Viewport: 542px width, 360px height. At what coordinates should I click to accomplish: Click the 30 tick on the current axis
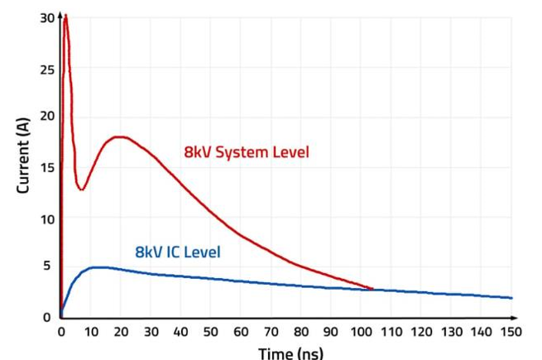click(x=46, y=17)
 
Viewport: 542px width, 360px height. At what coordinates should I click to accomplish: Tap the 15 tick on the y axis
click(x=46, y=167)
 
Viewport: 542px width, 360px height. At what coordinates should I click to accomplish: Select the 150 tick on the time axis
click(x=511, y=332)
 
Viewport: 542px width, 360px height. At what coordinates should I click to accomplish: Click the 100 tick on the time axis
click(x=361, y=332)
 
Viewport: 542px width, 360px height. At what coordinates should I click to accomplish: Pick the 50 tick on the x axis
click(x=211, y=332)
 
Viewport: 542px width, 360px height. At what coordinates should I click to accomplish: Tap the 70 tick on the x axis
click(x=271, y=332)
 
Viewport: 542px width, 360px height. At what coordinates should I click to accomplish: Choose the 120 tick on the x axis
click(x=421, y=332)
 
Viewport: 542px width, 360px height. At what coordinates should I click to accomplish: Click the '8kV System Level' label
click(x=246, y=152)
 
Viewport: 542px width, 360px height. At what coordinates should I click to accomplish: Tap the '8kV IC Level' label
click(x=178, y=251)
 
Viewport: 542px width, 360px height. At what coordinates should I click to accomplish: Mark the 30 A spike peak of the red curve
click(x=65, y=16)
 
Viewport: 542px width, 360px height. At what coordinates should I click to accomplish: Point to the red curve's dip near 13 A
click(x=80, y=190)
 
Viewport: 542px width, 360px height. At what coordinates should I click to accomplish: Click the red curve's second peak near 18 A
click(x=121, y=137)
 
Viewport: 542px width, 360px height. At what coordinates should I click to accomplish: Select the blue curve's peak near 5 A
click(x=98, y=267)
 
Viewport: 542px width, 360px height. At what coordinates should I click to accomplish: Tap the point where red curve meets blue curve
click(x=372, y=290)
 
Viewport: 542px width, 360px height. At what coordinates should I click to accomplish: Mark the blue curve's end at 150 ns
click(x=511, y=298)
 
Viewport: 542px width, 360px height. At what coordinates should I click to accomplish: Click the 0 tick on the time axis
click(x=60, y=332)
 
